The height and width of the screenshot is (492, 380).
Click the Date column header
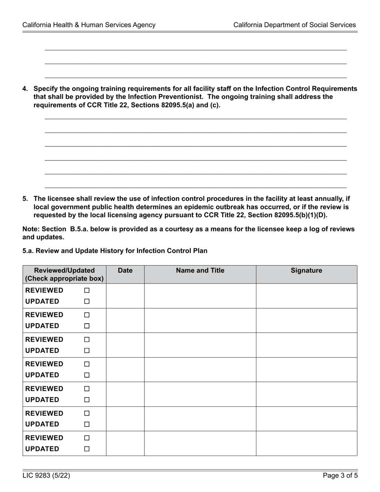[x=125, y=271]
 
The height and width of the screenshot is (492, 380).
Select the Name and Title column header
[x=200, y=271]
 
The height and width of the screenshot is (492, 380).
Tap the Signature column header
[x=306, y=271]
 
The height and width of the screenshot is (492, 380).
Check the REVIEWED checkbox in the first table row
[x=87, y=290]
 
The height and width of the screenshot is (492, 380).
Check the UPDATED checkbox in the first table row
[x=87, y=302]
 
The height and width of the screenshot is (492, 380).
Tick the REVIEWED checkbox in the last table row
[x=87, y=438]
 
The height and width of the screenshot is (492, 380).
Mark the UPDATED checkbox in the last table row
[x=87, y=449]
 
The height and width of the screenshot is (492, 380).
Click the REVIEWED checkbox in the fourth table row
[x=87, y=364]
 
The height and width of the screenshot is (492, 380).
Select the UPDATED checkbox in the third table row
[x=87, y=351]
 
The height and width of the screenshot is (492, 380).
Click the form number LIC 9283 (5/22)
[x=47, y=476]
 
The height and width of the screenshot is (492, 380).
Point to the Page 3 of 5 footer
[x=340, y=476]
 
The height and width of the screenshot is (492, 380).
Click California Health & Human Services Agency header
[x=89, y=25]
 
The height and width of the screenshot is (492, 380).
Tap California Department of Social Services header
[x=294, y=25]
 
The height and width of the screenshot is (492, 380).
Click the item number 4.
[x=25, y=89]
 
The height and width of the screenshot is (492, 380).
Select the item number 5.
[x=25, y=198]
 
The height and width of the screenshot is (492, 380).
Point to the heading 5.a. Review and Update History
[x=115, y=251]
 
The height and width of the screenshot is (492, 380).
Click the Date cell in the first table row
[x=125, y=296]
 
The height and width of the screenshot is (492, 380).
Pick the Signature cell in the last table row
[x=306, y=443]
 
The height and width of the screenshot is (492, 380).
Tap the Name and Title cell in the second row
[x=200, y=320]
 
